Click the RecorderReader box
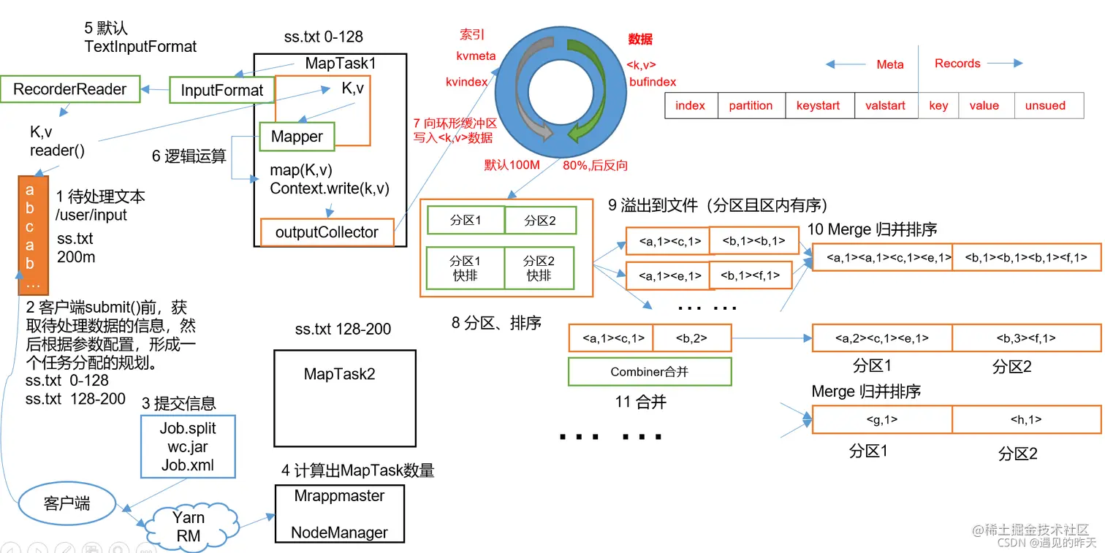point(70,90)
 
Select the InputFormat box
point(221,91)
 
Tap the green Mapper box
point(297,137)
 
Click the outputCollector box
point(327,232)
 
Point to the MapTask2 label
point(339,374)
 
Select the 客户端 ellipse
point(67,503)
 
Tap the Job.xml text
point(188,465)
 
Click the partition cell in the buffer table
point(751,105)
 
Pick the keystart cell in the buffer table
point(818,105)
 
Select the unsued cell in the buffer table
point(1045,105)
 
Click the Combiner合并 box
point(650,372)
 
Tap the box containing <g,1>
point(881,419)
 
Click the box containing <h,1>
point(1026,419)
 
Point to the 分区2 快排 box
point(539,268)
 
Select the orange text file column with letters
point(30,234)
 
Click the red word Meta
point(889,64)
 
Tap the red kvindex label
point(466,82)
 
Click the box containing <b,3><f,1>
point(1026,338)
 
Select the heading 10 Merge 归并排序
point(872,229)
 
